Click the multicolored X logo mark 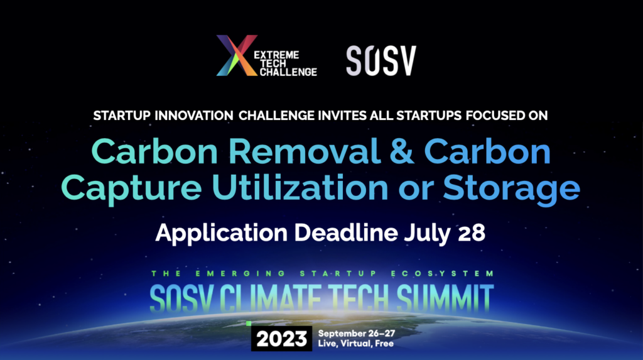coord(237,55)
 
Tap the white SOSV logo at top coord(381,61)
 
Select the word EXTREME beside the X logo coord(276,55)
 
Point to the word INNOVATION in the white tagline coord(194,116)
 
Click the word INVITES coord(342,116)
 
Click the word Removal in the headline coord(304,151)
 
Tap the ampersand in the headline coord(401,151)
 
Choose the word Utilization coord(300,187)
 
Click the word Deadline coord(346,232)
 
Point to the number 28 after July coord(472,233)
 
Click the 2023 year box coord(281,339)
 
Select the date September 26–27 coord(357,334)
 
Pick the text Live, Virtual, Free coord(355,344)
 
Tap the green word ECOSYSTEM coord(443,273)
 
